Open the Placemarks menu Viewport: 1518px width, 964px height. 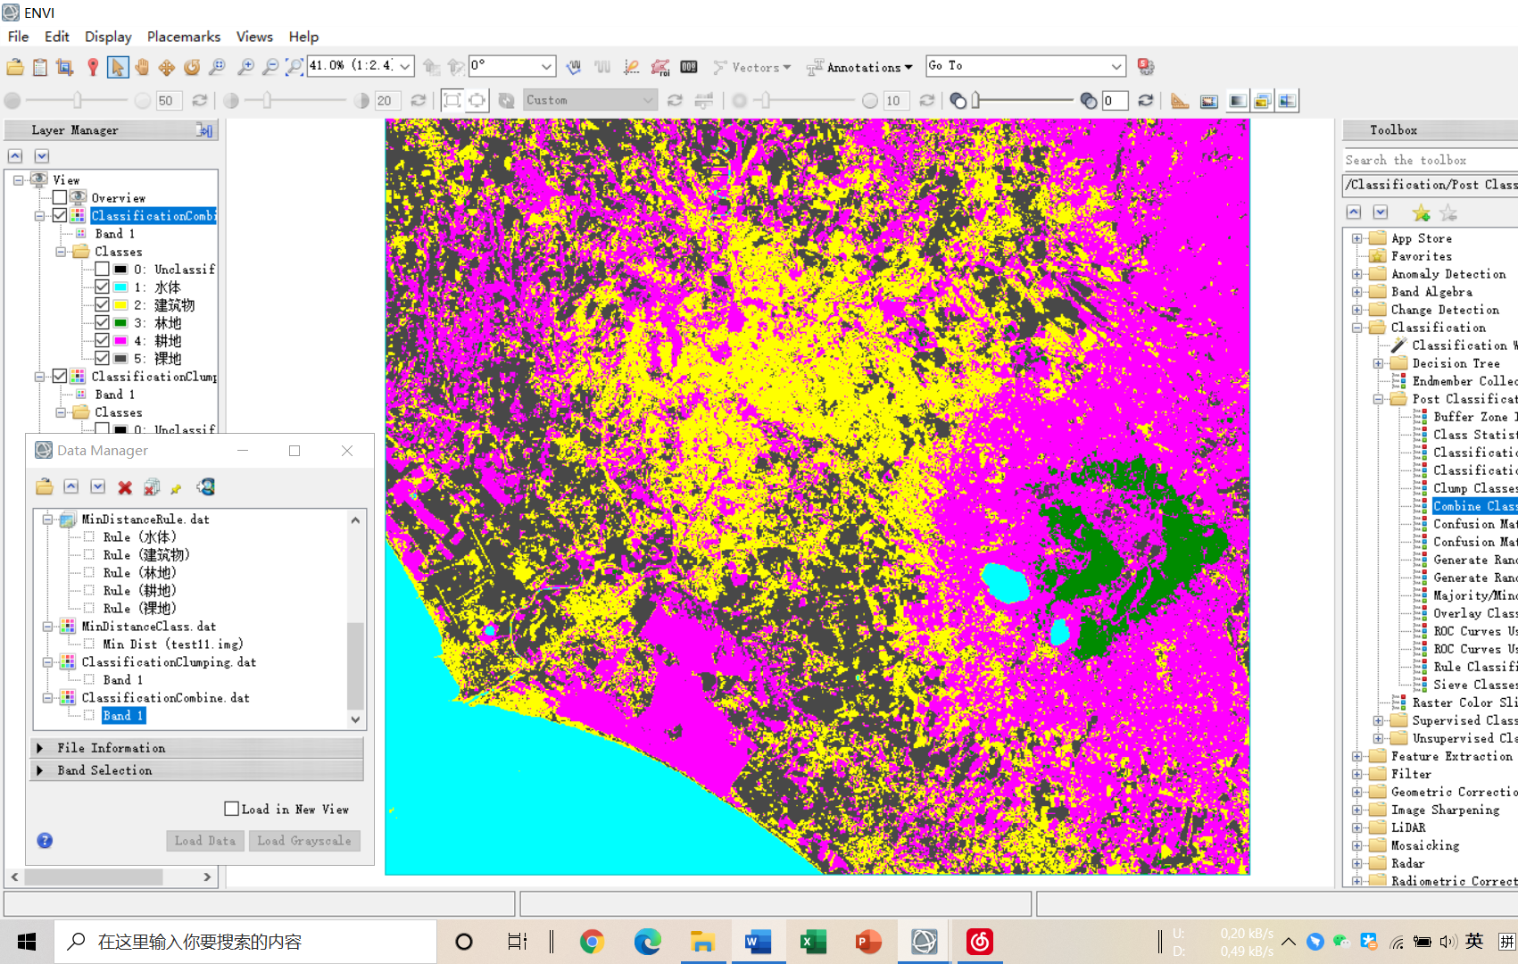[x=183, y=37]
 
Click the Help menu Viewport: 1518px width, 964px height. [x=303, y=37]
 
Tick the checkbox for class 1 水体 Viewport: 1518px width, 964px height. [x=102, y=287]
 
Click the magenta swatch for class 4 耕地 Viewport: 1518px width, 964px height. [x=120, y=340]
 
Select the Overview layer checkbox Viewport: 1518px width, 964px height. [x=60, y=197]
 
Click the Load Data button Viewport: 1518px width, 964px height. [x=205, y=841]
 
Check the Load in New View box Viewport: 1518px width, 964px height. [x=232, y=809]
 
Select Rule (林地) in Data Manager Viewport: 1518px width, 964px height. [x=139, y=573]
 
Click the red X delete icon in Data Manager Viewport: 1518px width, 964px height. [x=125, y=487]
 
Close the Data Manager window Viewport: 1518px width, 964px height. [x=347, y=451]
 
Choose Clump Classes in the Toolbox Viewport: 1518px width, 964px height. [x=1473, y=488]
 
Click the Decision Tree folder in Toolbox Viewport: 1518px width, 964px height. [x=1455, y=363]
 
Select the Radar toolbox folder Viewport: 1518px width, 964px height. [x=1407, y=863]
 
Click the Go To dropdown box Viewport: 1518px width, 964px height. [x=1024, y=66]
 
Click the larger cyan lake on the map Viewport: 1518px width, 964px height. [x=1005, y=581]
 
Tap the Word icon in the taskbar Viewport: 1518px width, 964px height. [x=758, y=942]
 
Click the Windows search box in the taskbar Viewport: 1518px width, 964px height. [x=245, y=942]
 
